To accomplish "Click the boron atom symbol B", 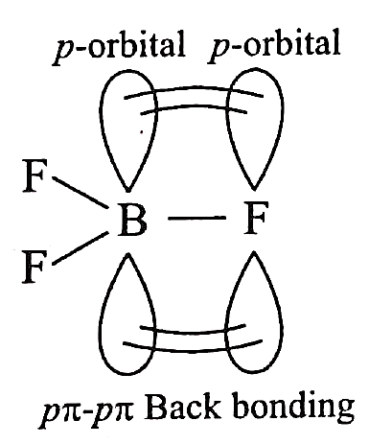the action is [x=132, y=220].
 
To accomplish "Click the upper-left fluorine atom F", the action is [x=35, y=175].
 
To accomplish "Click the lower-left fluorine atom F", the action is [x=35, y=267].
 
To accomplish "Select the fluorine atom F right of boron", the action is [x=255, y=218].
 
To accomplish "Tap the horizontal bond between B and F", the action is [x=196, y=218].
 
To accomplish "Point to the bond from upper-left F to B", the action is [x=80, y=192].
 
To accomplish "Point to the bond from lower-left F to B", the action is [x=80, y=248].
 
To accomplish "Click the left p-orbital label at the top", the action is [x=119, y=46].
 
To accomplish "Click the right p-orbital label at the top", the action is [x=274, y=46].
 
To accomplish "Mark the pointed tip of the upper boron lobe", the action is [x=128, y=192].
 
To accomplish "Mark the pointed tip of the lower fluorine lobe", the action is [x=254, y=252].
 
